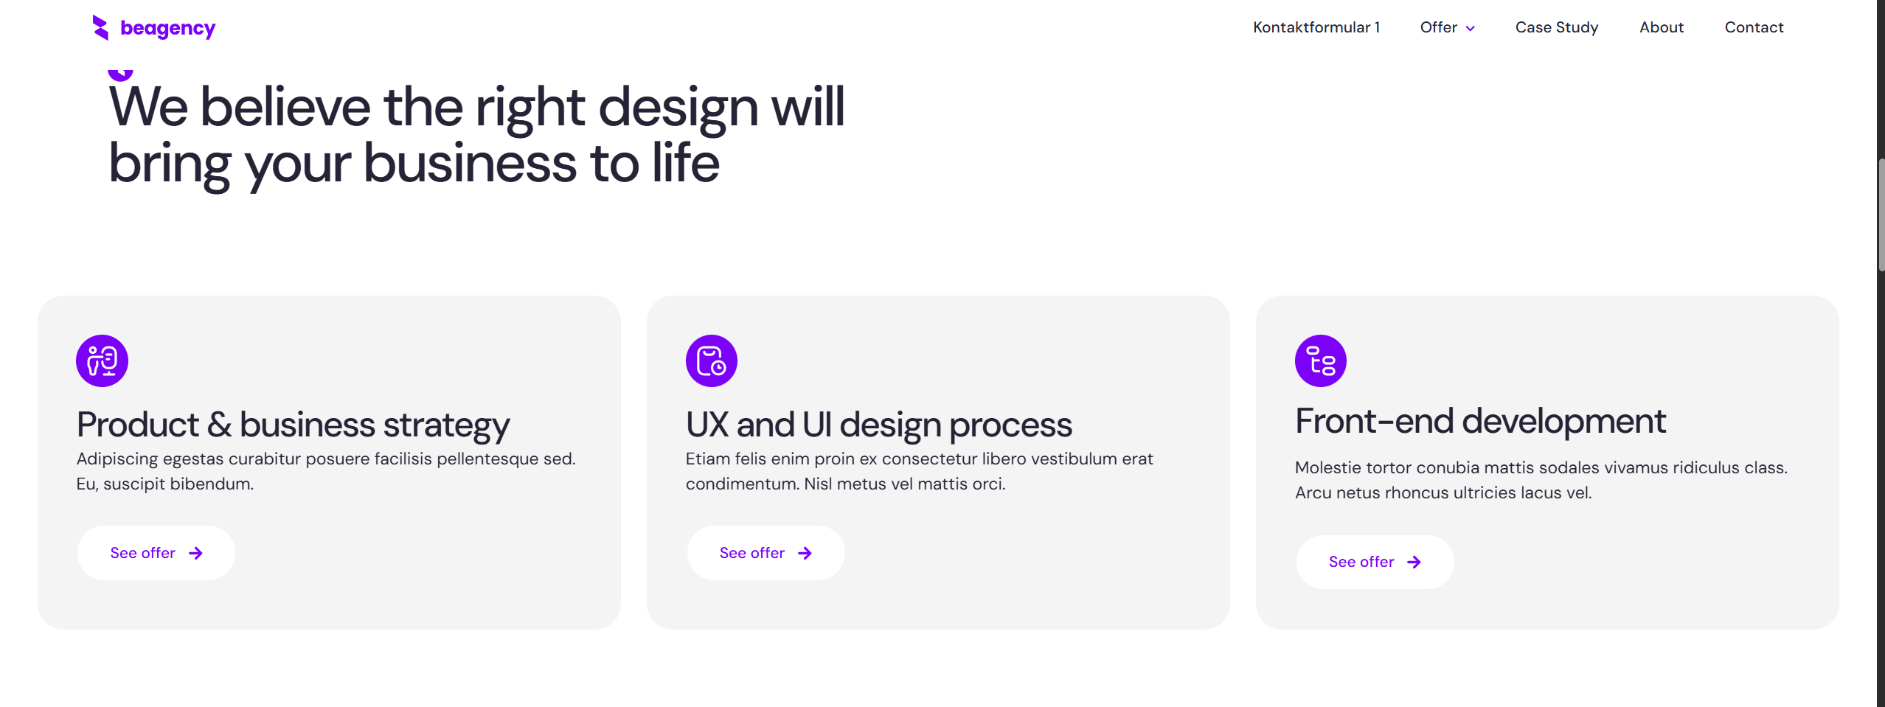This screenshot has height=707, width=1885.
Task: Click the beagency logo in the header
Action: (x=153, y=27)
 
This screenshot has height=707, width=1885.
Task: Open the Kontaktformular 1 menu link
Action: (x=1316, y=27)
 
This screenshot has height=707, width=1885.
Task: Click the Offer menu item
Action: (x=1438, y=27)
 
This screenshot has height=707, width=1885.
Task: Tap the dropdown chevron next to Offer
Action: (x=1470, y=29)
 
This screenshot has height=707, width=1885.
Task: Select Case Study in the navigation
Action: (x=1556, y=27)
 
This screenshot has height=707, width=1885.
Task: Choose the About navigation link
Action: (x=1661, y=27)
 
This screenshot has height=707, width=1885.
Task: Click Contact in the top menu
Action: (x=1753, y=27)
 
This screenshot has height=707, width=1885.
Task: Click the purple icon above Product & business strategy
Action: (x=103, y=361)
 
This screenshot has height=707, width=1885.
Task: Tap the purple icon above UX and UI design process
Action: (x=712, y=361)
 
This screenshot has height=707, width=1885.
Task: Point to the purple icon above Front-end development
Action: (x=1321, y=361)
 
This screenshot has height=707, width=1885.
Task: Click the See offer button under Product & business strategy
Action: (x=156, y=553)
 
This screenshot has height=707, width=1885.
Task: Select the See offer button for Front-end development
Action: (x=1375, y=562)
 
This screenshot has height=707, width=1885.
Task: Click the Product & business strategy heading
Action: (x=294, y=425)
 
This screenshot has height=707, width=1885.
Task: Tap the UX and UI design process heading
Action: (x=878, y=425)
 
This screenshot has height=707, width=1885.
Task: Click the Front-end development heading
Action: (x=1479, y=422)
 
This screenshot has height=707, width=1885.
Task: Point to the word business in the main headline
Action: (x=470, y=163)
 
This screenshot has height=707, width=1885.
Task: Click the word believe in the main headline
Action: (x=285, y=107)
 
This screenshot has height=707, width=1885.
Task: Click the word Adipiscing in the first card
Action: (x=117, y=459)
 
